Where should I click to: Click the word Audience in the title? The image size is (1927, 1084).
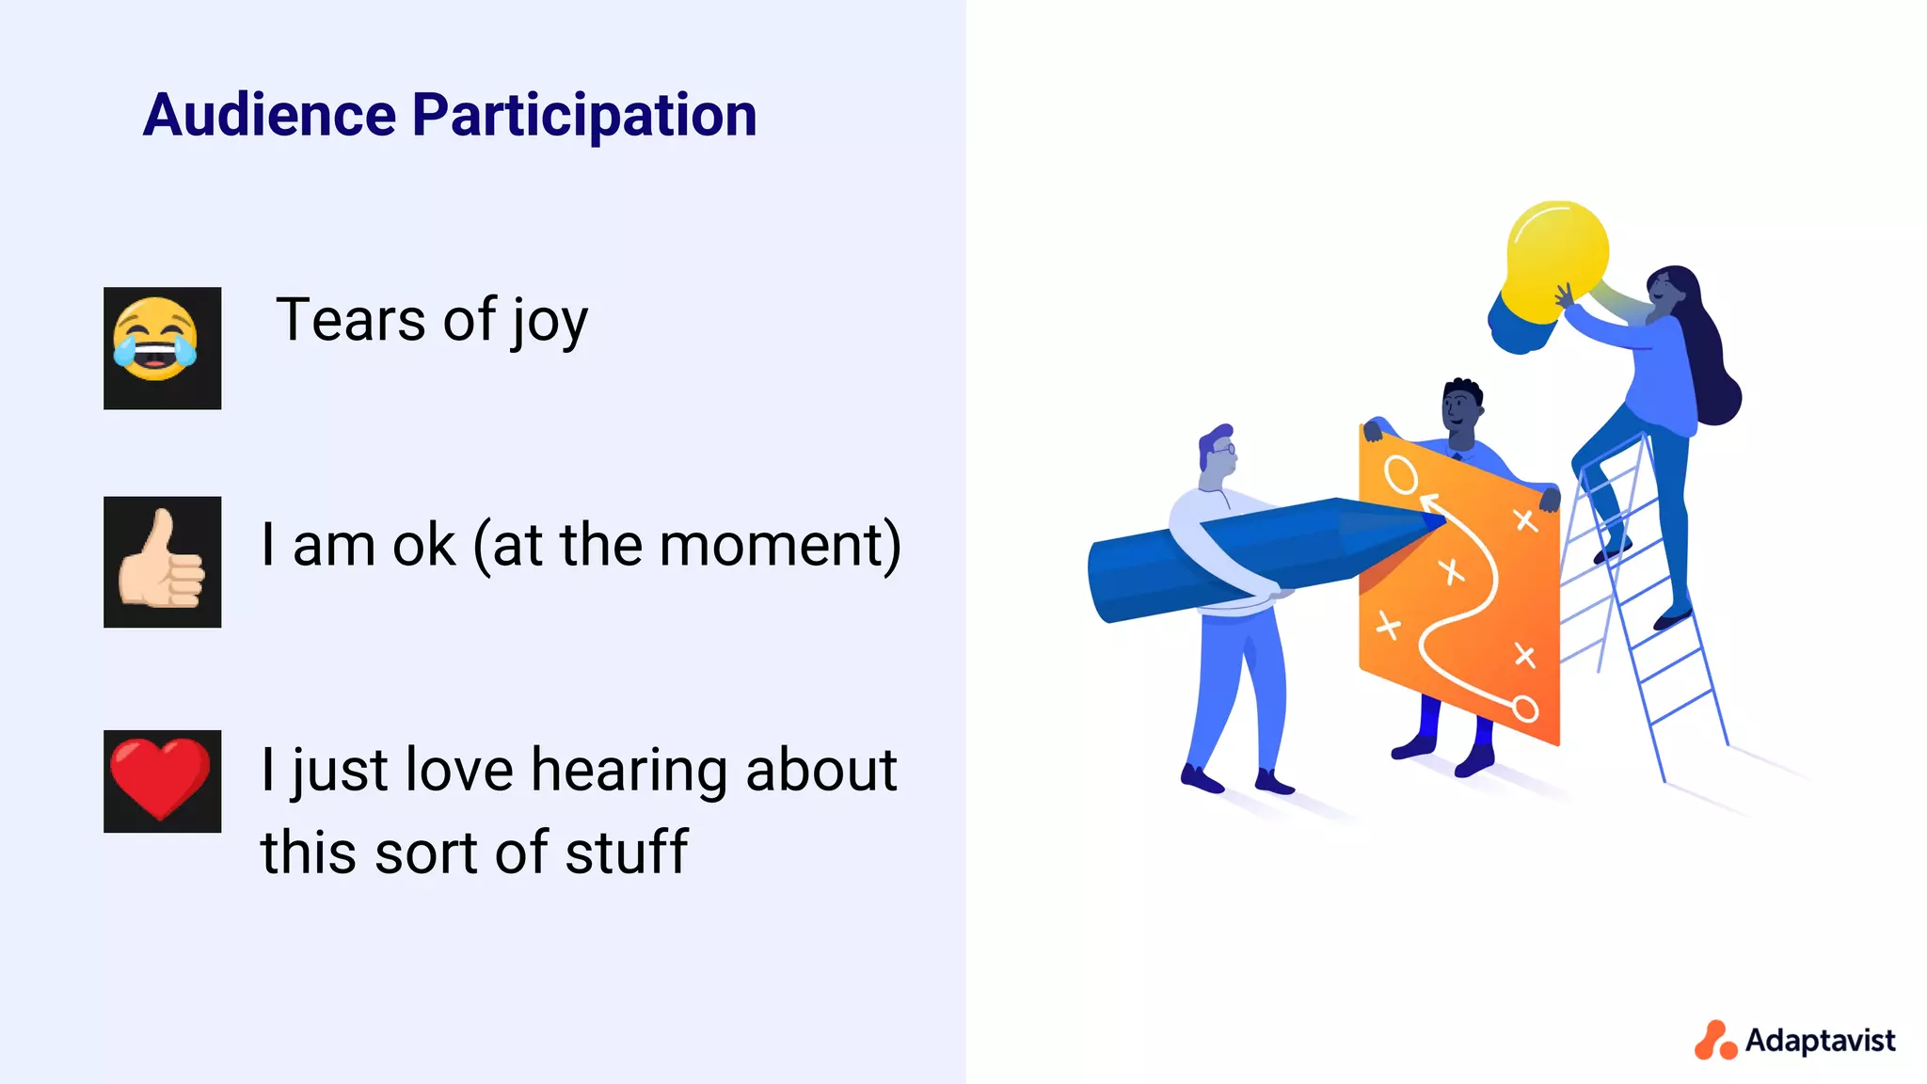tap(269, 115)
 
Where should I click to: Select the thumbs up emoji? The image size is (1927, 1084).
tap(162, 562)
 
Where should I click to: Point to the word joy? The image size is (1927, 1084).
tap(550, 323)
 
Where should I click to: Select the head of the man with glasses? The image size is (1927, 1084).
tap(1218, 453)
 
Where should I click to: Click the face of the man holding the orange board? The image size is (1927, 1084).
tap(1460, 409)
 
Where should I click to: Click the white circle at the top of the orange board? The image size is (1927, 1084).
tap(1400, 475)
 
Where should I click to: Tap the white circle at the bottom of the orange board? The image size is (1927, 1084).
tap(1525, 709)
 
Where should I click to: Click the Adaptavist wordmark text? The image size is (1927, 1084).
tap(1820, 1040)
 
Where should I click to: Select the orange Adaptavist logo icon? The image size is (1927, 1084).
tap(1714, 1041)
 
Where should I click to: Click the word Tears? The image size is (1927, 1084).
tap(350, 320)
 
